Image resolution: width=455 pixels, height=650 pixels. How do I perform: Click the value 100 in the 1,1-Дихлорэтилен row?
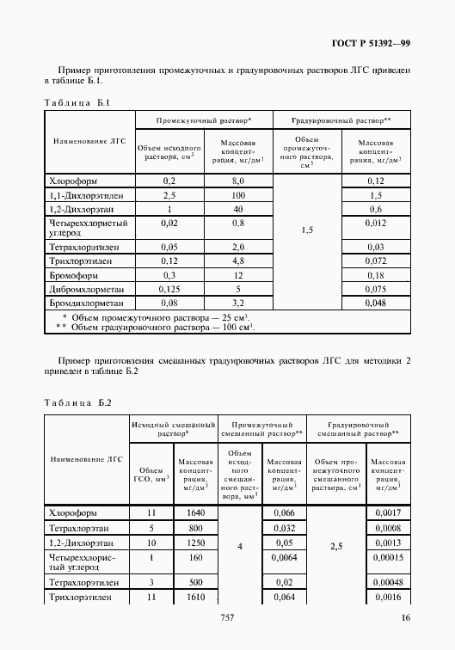click(237, 196)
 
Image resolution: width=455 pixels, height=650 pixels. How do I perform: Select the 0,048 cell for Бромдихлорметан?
click(374, 304)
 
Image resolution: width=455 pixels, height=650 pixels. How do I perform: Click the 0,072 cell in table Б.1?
click(374, 261)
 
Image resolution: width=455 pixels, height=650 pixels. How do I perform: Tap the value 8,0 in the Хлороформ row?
click(237, 181)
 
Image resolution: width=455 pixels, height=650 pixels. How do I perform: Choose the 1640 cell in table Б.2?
click(195, 512)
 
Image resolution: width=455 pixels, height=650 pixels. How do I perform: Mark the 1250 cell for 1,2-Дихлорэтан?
click(195, 543)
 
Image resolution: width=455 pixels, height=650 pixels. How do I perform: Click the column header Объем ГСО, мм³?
click(151, 475)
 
